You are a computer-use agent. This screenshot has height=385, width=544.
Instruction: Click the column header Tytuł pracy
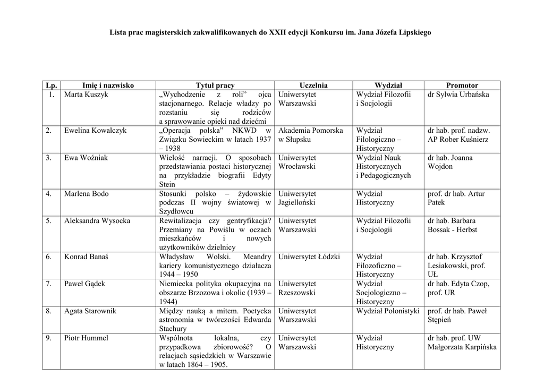click(x=215, y=85)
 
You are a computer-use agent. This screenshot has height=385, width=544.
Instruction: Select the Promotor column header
click(x=462, y=85)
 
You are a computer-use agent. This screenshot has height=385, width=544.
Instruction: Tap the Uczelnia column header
click(x=313, y=85)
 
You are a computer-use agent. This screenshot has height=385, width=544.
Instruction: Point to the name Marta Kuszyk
click(x=86, y=95)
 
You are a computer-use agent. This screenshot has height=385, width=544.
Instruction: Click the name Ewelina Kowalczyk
click(x=95, y=131)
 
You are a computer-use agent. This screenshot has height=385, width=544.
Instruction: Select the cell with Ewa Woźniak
click(x=86, y=158)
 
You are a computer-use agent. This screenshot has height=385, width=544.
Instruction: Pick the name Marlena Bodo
click(x=86, y=194)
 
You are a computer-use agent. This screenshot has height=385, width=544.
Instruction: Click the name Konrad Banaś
click(x=86, y=257)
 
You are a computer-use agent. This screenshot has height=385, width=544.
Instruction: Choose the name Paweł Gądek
click(x=84, y=284)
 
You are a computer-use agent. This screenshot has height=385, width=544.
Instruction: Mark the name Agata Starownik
click(x=90, y=311)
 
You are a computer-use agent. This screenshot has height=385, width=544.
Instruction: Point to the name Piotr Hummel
click(x=86, y=338)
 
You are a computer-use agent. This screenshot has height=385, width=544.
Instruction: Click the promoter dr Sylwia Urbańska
click(x=458, y=95)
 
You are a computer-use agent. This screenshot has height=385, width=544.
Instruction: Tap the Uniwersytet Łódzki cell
click(x=309, y=257)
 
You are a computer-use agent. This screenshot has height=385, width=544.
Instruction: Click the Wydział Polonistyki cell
click(x=388, y=311)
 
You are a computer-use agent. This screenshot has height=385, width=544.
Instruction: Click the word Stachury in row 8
click(x=173, y=329)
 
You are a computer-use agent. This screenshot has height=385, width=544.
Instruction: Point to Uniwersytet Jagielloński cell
click(x=297, y=198)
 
